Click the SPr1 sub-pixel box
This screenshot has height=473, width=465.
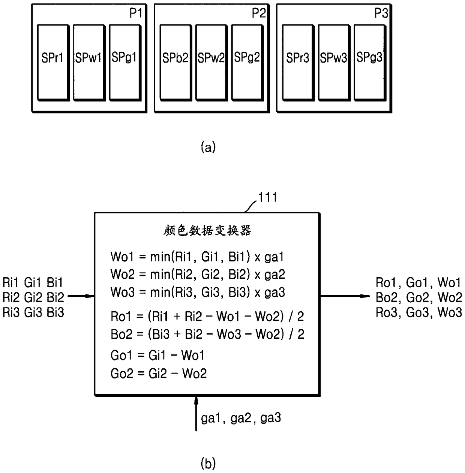click(x=53, y=63)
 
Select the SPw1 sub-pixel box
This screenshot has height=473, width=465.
click(x=89, y=63)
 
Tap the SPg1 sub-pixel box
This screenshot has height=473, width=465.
click(x=125, y=63)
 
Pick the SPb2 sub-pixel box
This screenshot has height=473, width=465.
click(x=176, y=63)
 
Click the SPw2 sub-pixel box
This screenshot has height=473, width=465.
click(x=211, y=63)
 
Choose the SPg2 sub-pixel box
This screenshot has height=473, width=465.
click(x=247, y=63)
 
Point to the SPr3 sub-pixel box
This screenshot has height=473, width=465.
click(x=298, y=63)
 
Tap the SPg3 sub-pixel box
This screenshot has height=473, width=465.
click(x=370, y=63)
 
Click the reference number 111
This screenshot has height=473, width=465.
click(x=268, y=197)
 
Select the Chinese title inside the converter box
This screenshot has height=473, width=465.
click(x=207, y=230)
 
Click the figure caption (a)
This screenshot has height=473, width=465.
click(x=208, y=147)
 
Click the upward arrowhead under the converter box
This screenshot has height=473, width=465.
click(x=196, y=401)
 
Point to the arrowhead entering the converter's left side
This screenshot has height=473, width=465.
click(x=90, y=296)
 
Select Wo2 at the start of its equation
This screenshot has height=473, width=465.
click(x=123, y=274)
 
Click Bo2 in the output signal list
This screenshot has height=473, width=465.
click(x=386, y=297)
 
